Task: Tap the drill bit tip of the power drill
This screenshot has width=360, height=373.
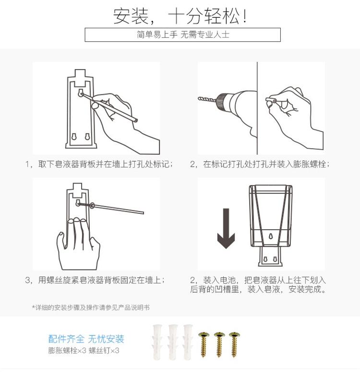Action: click(199, 98)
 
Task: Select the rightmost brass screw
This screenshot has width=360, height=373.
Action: click(235, 344)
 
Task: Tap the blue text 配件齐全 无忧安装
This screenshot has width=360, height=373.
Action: click(86, 339)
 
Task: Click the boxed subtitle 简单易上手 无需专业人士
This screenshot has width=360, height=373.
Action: click(183, 35)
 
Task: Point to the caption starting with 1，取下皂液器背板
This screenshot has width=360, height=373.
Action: click(99, 164)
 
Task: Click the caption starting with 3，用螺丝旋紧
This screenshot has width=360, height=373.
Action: click(95, 280)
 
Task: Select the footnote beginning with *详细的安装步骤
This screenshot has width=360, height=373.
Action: click(91, 307)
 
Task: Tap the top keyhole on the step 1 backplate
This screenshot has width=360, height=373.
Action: click(81, 93)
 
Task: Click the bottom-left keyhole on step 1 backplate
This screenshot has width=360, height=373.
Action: click(74, 137)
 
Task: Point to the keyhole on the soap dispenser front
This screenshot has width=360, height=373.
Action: click(270, 236)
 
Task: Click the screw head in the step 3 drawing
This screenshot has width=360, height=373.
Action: click(92, 205)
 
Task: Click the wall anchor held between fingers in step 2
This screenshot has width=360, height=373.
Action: click(271, 100)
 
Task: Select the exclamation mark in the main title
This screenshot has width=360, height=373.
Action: click(245, 16)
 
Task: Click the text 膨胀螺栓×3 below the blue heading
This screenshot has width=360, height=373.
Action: click(67, 350)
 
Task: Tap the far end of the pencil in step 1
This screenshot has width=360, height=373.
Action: click(136, 120)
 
